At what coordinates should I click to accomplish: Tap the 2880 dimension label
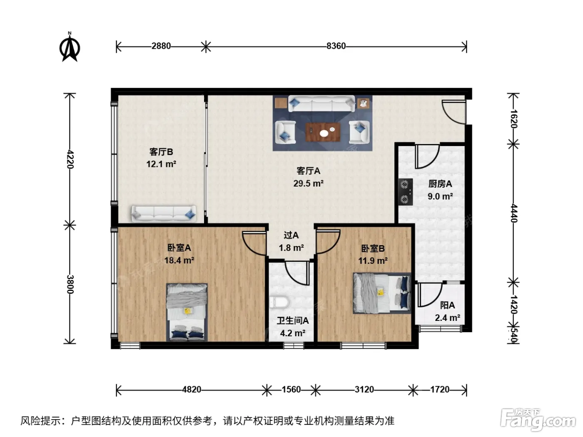[x=161, y=46]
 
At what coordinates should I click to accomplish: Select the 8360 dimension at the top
[x=336, y=46]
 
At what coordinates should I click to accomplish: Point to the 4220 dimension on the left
[x=70, y=159]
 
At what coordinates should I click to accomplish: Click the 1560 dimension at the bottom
[x=291, y=390]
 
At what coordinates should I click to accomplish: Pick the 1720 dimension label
[x=440, y=390]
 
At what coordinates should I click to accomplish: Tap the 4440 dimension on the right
[x=514, y=213]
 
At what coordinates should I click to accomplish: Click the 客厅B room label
[x=161, y=152]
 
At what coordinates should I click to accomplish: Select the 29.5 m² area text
[x=309, y=184]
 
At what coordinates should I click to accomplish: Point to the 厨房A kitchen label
[x=440, y=184]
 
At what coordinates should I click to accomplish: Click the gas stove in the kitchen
[x=405, y=192]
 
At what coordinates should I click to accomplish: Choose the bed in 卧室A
[x=187, y=312]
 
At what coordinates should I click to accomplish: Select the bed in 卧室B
[x=382, y=293]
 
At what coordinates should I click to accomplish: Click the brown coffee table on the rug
[x=323, y=132]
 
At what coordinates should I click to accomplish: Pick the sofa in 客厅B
[x=164, y=214]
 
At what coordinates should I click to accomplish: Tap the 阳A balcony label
[x=448, y=305]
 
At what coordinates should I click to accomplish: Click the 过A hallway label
[x=291, y=235]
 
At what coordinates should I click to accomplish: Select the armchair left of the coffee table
[x=286, y=132]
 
